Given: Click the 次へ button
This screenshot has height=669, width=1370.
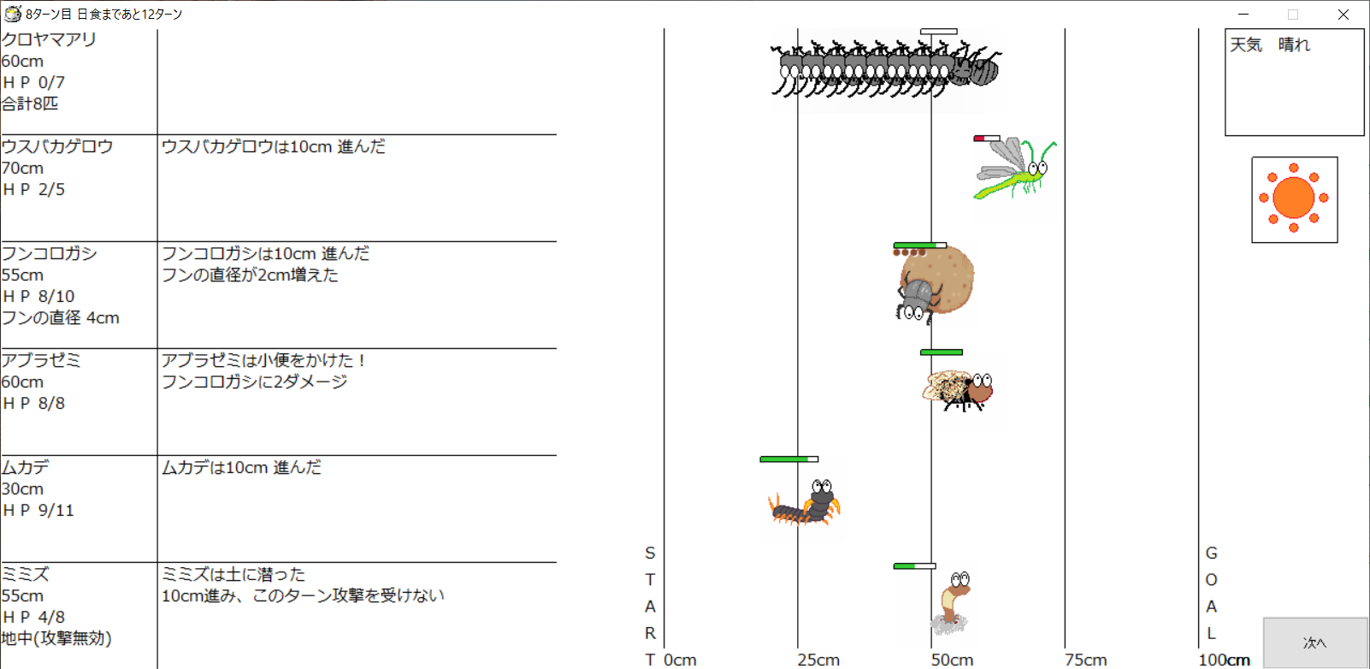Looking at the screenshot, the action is (x=1315, y=642).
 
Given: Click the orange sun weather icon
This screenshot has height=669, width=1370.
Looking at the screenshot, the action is (x=1294, y=198).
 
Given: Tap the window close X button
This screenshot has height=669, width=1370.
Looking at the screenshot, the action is (x=1343, y=14).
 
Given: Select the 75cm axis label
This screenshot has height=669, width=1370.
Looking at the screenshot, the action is (x=1085, y=660).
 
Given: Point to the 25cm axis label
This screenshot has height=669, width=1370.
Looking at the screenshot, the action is (x=818, y=660).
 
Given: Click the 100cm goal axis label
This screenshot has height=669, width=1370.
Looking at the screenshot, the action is (x=1224, y=660).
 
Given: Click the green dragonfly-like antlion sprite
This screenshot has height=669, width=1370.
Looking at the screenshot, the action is (x=1014, y=168).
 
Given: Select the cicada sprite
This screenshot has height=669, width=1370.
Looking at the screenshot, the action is (x=958, y=390).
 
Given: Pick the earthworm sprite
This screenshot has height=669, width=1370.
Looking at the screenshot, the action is (x=951, y=603).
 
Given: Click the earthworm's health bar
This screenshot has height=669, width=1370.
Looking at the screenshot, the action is (x=914, y=566).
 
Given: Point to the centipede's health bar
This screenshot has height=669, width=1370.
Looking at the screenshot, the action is (x=789, y=459).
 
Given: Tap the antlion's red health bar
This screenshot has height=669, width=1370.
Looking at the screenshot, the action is (x=987, y=139).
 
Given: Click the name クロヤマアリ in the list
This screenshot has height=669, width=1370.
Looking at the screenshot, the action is (x=49, y=40).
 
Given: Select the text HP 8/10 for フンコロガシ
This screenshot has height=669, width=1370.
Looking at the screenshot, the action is (x=38, y=296).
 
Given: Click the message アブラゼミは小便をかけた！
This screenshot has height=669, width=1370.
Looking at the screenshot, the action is (x=263, y=360).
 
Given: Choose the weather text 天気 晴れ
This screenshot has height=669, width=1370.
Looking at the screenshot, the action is (x=1270, y=44).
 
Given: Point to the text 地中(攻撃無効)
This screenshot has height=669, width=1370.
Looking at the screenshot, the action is (x=56, y=638).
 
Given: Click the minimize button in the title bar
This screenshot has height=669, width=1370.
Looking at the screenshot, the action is (x=1243, y=14).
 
